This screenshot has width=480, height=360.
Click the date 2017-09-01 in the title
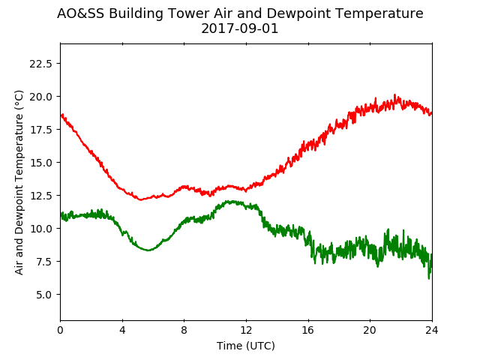(x=240, y=28)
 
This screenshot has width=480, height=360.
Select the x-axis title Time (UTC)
(x=246, y=346)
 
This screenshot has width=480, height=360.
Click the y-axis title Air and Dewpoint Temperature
(x=19, y=182)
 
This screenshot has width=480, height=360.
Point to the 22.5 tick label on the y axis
(x=40, y=64)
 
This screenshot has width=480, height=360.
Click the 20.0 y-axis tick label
(x=40, y=97)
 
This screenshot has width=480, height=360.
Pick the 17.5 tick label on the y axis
(x=40, y=130)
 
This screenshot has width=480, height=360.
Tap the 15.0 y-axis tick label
(x=40, y=163)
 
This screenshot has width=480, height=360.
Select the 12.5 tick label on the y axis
(x=40, y=195)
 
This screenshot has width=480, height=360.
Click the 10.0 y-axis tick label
(x=40, y=228)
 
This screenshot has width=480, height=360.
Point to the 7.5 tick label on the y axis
(x=44, y=262)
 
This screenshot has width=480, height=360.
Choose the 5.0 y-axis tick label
(x=44, y=295)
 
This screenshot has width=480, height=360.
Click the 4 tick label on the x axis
(x=122, y=330)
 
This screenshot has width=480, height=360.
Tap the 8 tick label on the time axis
(x=184, y=330)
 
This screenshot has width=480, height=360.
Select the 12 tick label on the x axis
(x=246, y=330)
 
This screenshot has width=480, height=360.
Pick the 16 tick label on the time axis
(x=308, y=330)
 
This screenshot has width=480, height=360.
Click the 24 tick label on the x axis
(x=432, y=330)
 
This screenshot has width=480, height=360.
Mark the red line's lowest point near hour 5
(x=140, y=200)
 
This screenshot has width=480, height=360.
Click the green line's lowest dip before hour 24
(x=428, y=278)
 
